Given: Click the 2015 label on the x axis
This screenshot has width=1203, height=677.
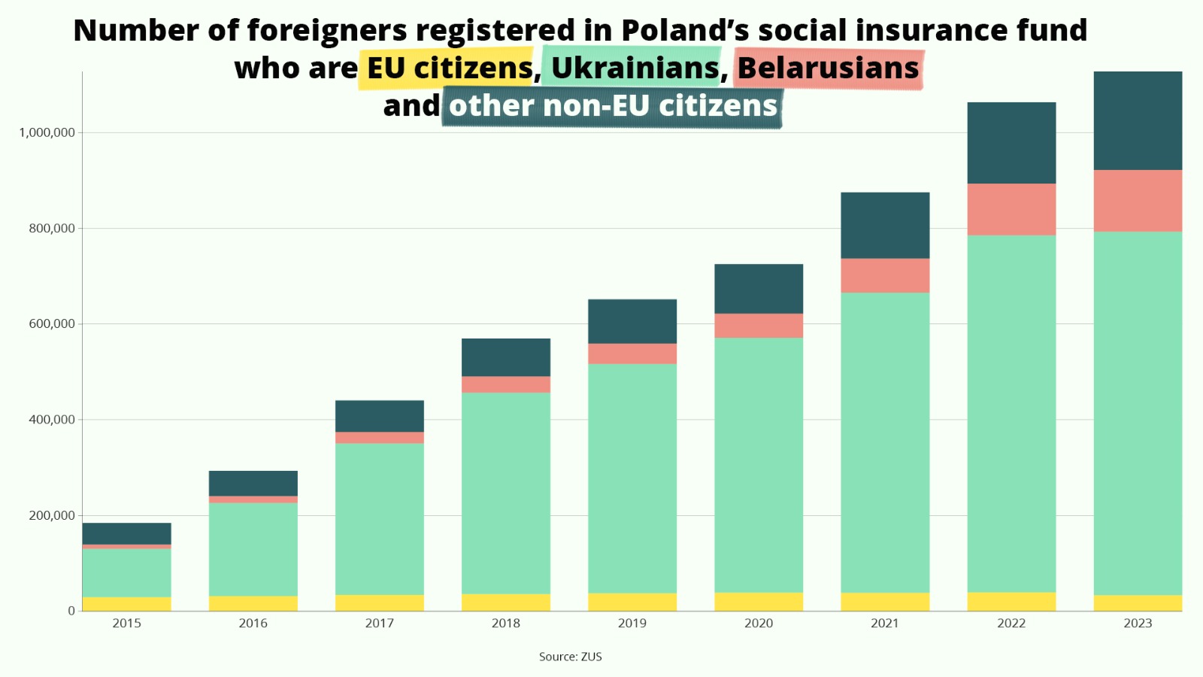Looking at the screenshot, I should click(126, 623).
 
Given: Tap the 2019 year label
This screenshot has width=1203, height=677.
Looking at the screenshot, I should click(632, 623).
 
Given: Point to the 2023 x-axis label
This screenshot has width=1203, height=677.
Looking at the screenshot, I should click(1138, 623).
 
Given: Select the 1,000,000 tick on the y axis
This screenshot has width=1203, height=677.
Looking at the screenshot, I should click(47, 132).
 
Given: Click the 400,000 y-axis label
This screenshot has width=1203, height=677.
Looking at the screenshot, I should click(52, 420).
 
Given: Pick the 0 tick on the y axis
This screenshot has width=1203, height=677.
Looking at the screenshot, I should click(71, 611).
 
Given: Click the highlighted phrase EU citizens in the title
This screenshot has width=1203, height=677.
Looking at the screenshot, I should click(449, 68).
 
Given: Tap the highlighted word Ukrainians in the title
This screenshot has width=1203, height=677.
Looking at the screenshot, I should click(635, 68).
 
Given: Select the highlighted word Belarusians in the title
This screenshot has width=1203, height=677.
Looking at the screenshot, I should click(828, 68).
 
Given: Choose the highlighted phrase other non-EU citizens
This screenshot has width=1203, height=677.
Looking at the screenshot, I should click(613, 106).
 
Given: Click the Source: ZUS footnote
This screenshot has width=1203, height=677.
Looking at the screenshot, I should click(570, 657).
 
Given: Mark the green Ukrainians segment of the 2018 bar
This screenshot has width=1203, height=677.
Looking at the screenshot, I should click(505, 493).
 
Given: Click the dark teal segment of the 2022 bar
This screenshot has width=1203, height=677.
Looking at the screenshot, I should click(1011, 143).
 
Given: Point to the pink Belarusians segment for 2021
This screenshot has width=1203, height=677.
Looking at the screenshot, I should click(885, 275).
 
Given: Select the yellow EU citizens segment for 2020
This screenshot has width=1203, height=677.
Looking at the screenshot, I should click(759, 602).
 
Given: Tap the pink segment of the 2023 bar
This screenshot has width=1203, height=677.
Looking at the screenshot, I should click(1138, 201).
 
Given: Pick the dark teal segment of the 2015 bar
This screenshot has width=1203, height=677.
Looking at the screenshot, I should click(126, 533).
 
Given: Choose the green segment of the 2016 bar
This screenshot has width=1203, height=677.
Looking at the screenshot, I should click(253, 549).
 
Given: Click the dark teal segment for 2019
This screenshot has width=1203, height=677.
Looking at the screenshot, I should click(632, 321).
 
